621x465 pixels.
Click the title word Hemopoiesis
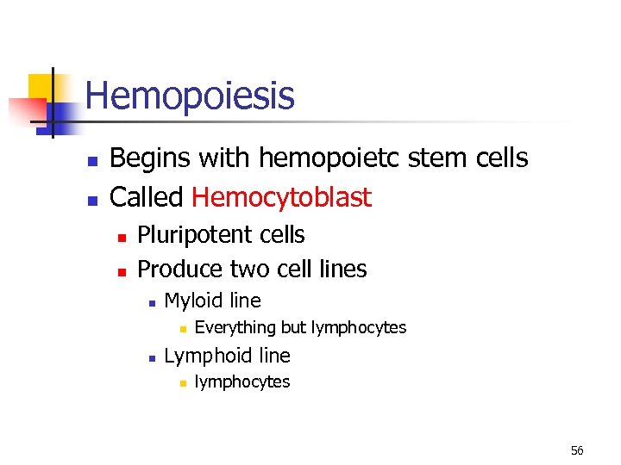tap(190, 96)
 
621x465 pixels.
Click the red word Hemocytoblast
tap(281, 197)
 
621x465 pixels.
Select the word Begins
tap(152, 158)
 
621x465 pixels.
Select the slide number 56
tap(577, 450)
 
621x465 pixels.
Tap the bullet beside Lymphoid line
tap(150, 357)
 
